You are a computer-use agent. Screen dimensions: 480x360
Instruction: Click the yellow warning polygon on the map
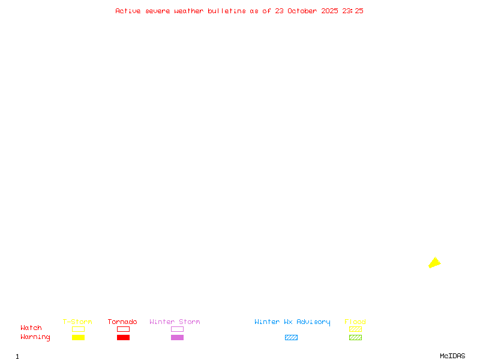click(434, 263)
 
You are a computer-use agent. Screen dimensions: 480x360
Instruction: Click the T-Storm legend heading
click(77, 322)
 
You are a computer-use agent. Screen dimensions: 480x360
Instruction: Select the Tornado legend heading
click(122, 322)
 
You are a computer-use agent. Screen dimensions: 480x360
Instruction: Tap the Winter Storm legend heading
click(175, 322)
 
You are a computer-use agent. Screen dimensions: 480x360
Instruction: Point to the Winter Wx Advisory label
click(292, 322)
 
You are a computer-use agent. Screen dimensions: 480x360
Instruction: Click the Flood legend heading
click(355, 322)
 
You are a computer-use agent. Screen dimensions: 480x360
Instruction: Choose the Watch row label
click(31, 328)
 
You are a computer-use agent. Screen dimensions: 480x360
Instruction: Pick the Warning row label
click(35, 337)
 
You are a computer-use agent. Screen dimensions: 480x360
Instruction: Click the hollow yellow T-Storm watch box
click(79, 329)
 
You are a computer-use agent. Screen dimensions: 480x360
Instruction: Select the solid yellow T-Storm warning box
click(79, 337)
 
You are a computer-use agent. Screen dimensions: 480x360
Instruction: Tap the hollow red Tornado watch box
click(124, 329)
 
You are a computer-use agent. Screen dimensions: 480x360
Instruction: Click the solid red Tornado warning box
click(124, 337)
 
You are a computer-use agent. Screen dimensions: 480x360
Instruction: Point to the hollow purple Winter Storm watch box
click(177, 329)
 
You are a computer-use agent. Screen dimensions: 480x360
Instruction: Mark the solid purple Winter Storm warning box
click(177, 337)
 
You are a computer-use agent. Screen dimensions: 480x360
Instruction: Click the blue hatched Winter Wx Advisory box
click(291, 337)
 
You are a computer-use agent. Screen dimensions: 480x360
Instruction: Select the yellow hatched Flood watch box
click(355, 329)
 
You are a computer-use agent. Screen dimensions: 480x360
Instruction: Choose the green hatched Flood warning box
click(355, 337)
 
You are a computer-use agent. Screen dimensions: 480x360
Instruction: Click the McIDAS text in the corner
click(452, 356)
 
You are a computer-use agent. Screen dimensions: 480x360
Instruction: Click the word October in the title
click(302, 11)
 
